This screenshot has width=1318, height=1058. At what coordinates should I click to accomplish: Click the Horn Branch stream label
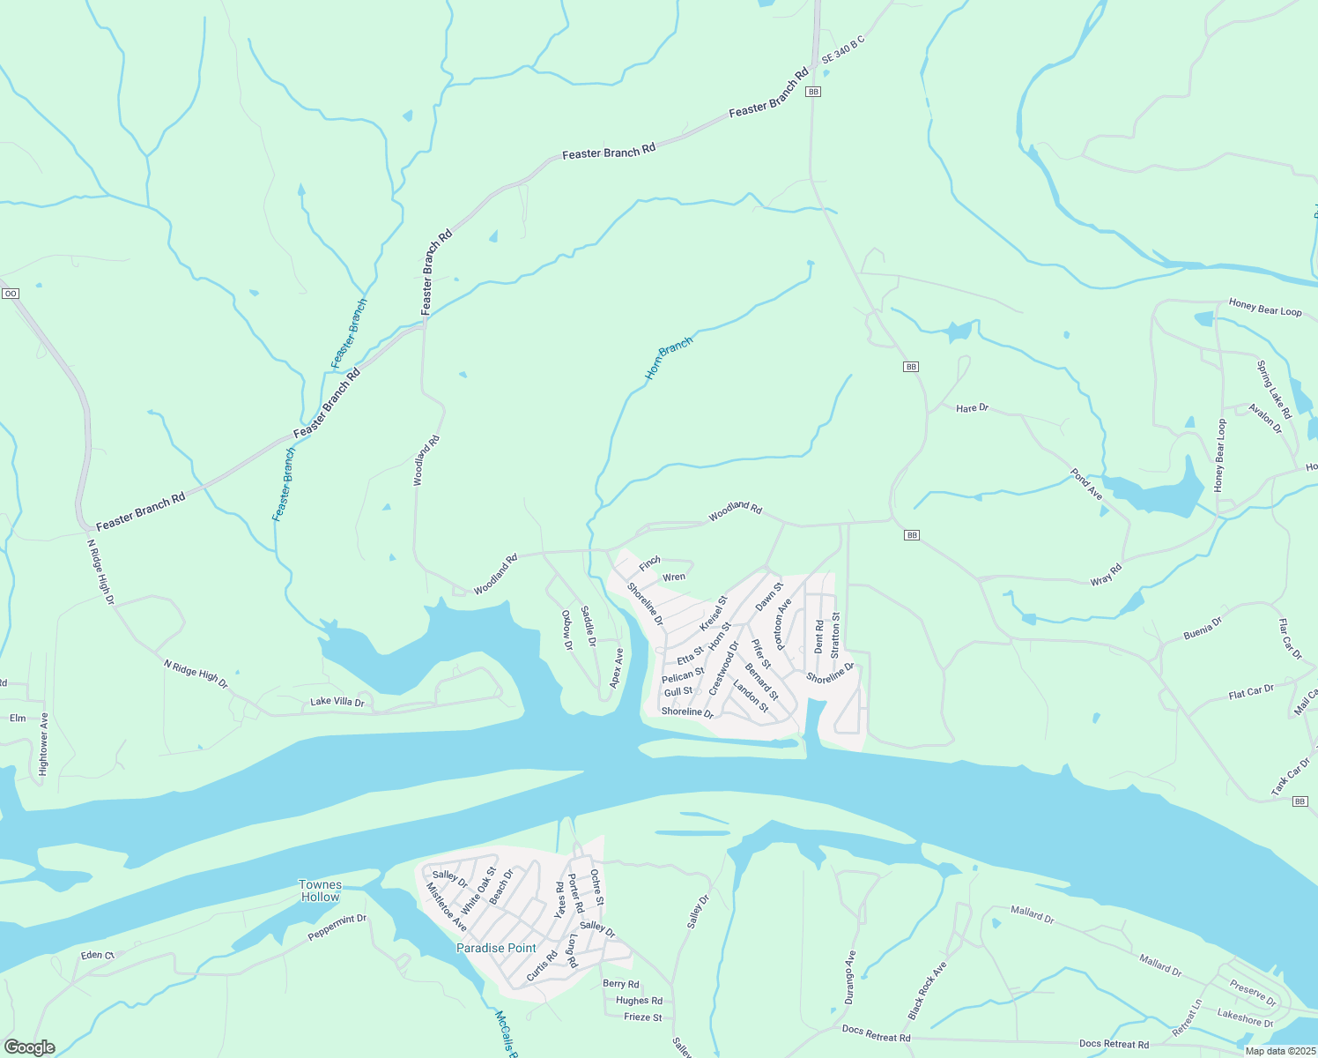coord(669,358)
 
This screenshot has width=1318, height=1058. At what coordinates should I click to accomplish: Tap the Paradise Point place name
coord(496,948)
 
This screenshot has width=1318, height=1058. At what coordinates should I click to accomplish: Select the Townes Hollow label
coord(320,890)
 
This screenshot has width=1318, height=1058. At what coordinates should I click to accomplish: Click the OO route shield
coord(10,294)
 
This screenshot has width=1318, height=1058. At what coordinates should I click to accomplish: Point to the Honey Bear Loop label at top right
coord(1265,308)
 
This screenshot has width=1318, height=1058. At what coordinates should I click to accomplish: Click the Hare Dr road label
coord(972,408)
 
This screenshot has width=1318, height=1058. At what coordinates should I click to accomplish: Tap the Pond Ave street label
coord(1086,484)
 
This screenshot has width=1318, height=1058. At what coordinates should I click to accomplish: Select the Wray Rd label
coord(1106,575)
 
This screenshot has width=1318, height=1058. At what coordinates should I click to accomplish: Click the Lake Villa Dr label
coord(337,703)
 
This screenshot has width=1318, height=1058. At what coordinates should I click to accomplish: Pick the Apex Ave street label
coord(618,668)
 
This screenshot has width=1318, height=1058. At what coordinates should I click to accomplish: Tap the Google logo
coord(29,1047)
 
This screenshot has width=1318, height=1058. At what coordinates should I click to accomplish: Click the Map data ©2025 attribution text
coord(1280,1051)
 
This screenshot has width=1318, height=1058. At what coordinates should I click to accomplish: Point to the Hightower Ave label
coord(43,744)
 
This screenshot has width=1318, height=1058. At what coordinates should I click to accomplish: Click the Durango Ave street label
coord(849,977)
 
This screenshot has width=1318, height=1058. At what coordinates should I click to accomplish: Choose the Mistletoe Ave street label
coord(446,907)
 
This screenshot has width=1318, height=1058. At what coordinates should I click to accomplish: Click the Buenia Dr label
coord(1203,629)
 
